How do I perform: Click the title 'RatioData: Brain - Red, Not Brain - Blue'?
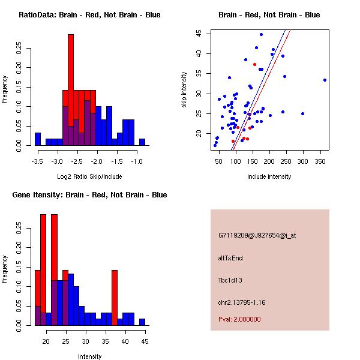tap(89, 15)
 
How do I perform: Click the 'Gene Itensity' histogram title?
tap(89, 195)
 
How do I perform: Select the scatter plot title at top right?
tap(269, 15)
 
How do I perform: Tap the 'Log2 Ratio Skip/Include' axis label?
tap(89, 176)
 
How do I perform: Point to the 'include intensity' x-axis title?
tap(269, 176)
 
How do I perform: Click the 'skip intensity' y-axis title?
tap(184, 90)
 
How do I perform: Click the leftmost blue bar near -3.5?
tap(38, 139)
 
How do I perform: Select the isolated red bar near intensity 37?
tap(115, 297)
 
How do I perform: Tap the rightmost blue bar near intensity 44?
tap(142, 322)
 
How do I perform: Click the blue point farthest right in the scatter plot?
tap(325, 80)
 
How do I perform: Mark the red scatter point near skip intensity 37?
tap(254, 64)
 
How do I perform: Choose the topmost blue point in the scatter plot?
tap(261, 34)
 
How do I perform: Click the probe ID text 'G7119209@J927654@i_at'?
tap(257, 235)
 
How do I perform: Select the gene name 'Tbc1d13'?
tap(230, 280)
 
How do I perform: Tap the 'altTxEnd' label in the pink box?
tap(230, 258)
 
